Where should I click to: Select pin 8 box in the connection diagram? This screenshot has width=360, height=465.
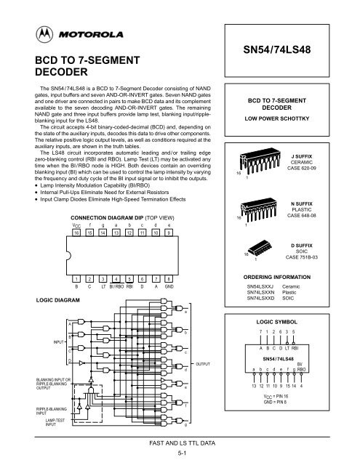pos(169,278)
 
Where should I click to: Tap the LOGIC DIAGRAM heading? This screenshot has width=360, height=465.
pos(38,298)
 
